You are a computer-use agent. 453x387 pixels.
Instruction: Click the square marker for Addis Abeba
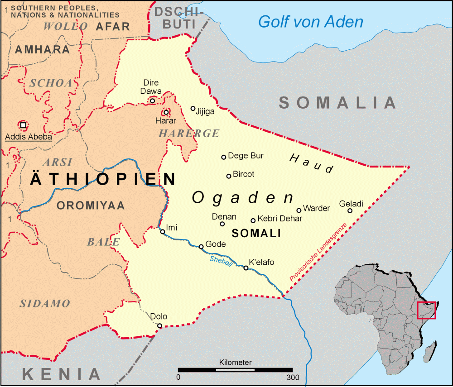coord(23,125)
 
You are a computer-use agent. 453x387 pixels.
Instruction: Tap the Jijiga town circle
coord(193,109)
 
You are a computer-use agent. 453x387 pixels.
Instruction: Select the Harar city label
coord(165,121)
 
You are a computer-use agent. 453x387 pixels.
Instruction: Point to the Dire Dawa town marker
coord(153,100)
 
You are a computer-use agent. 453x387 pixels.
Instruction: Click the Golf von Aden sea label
coord(310,21)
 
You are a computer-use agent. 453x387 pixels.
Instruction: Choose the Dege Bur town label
coord(246,156)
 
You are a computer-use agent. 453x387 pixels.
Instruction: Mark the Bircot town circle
coord(229,176)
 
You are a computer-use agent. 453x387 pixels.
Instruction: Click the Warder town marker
coord(299,210)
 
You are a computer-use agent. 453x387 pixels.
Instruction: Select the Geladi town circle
coord(350,210)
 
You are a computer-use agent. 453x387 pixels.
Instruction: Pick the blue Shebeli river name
coord(221,261)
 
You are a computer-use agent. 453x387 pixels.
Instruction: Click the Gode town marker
coord(202,247)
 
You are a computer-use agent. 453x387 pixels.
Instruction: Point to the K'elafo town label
coord(261,262)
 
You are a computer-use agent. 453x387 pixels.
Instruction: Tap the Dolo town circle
coord(159,325)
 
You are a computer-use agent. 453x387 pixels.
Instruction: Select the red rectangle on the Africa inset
coord(426,310)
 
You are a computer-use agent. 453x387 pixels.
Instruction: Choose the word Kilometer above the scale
coord(235,363)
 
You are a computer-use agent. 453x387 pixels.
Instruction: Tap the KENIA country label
coord(61,374)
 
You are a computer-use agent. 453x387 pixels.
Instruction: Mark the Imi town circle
coord(163,232)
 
